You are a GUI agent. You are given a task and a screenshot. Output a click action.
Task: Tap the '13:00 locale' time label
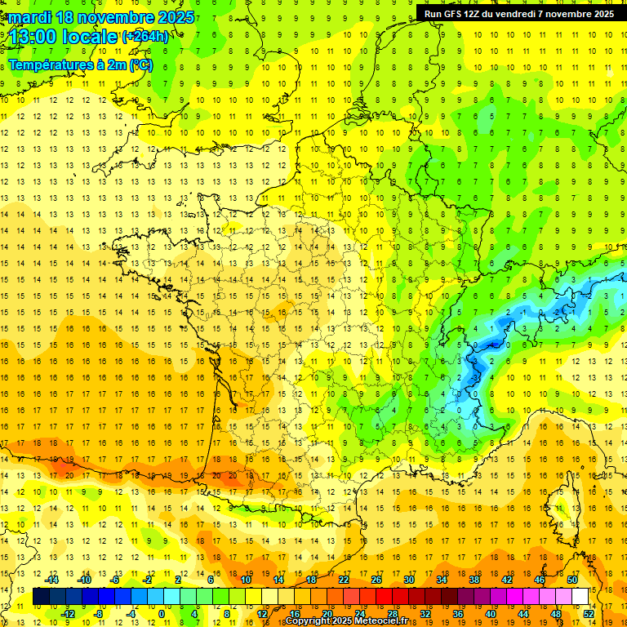point(61,37)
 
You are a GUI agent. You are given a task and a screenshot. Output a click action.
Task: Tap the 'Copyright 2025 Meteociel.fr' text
point(347,621)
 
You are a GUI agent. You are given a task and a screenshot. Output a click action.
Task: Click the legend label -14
point(51,580)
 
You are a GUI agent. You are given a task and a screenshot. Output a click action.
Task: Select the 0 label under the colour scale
point(161,614)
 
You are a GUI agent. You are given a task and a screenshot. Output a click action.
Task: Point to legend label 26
point(376,580)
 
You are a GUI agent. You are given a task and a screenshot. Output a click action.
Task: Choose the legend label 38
point(474,580)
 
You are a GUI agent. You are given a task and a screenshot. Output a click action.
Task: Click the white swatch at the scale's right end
point(580,597)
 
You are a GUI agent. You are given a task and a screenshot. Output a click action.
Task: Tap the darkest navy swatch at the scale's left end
point(41,597)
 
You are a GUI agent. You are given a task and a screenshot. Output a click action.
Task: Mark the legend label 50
point(572,580)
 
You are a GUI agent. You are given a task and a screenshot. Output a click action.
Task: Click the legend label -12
point(68,614)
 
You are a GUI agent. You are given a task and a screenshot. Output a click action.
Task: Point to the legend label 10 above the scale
point(245,580)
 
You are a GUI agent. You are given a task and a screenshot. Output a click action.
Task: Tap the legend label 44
point(523,614)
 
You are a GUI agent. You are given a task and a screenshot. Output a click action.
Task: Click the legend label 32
point(425,614)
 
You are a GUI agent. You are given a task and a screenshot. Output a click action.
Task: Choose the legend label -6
point(117,580)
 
